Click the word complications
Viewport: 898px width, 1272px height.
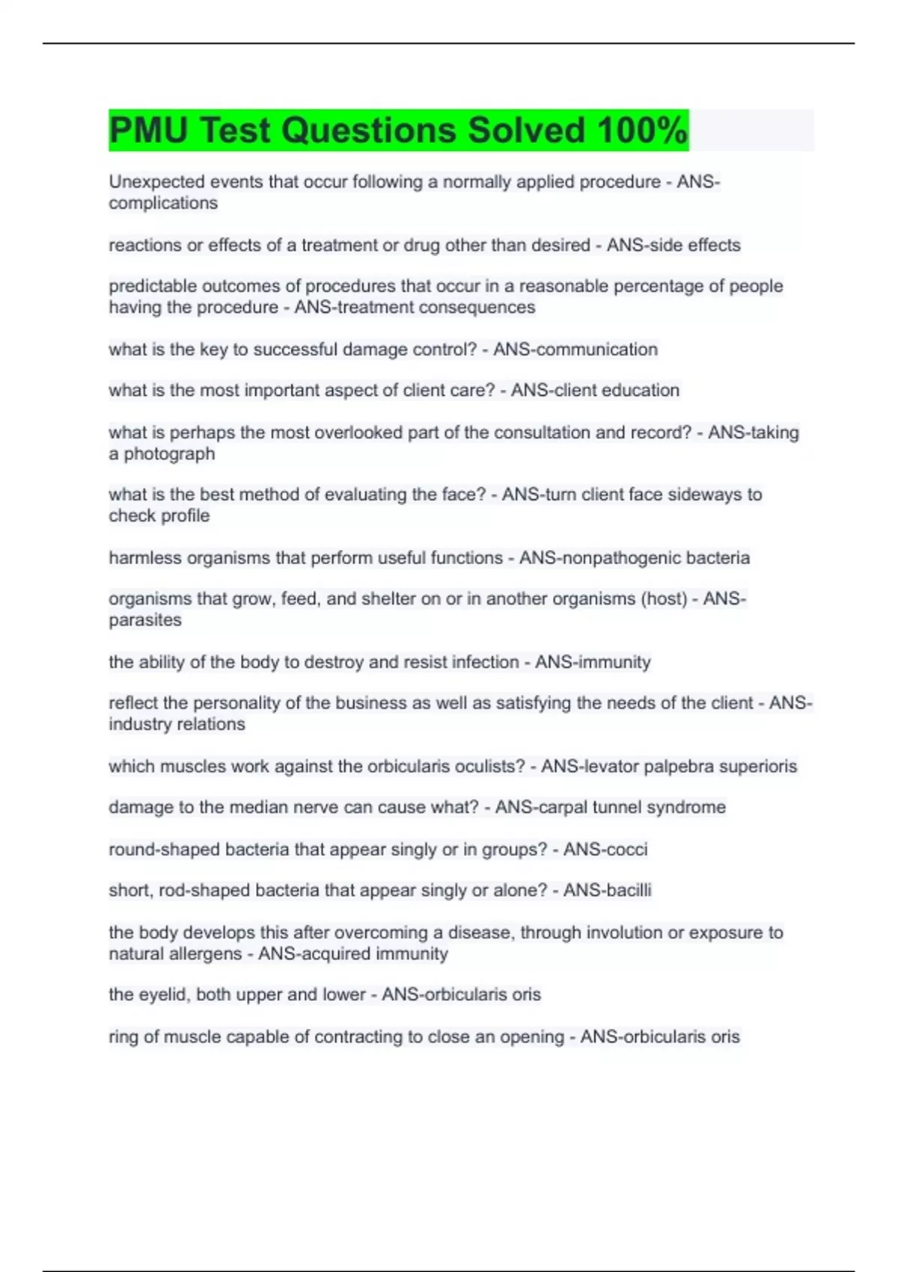click(163, 203)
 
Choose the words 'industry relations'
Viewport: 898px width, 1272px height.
click(177, 724)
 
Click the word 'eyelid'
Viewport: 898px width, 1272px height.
click(163, 994)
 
